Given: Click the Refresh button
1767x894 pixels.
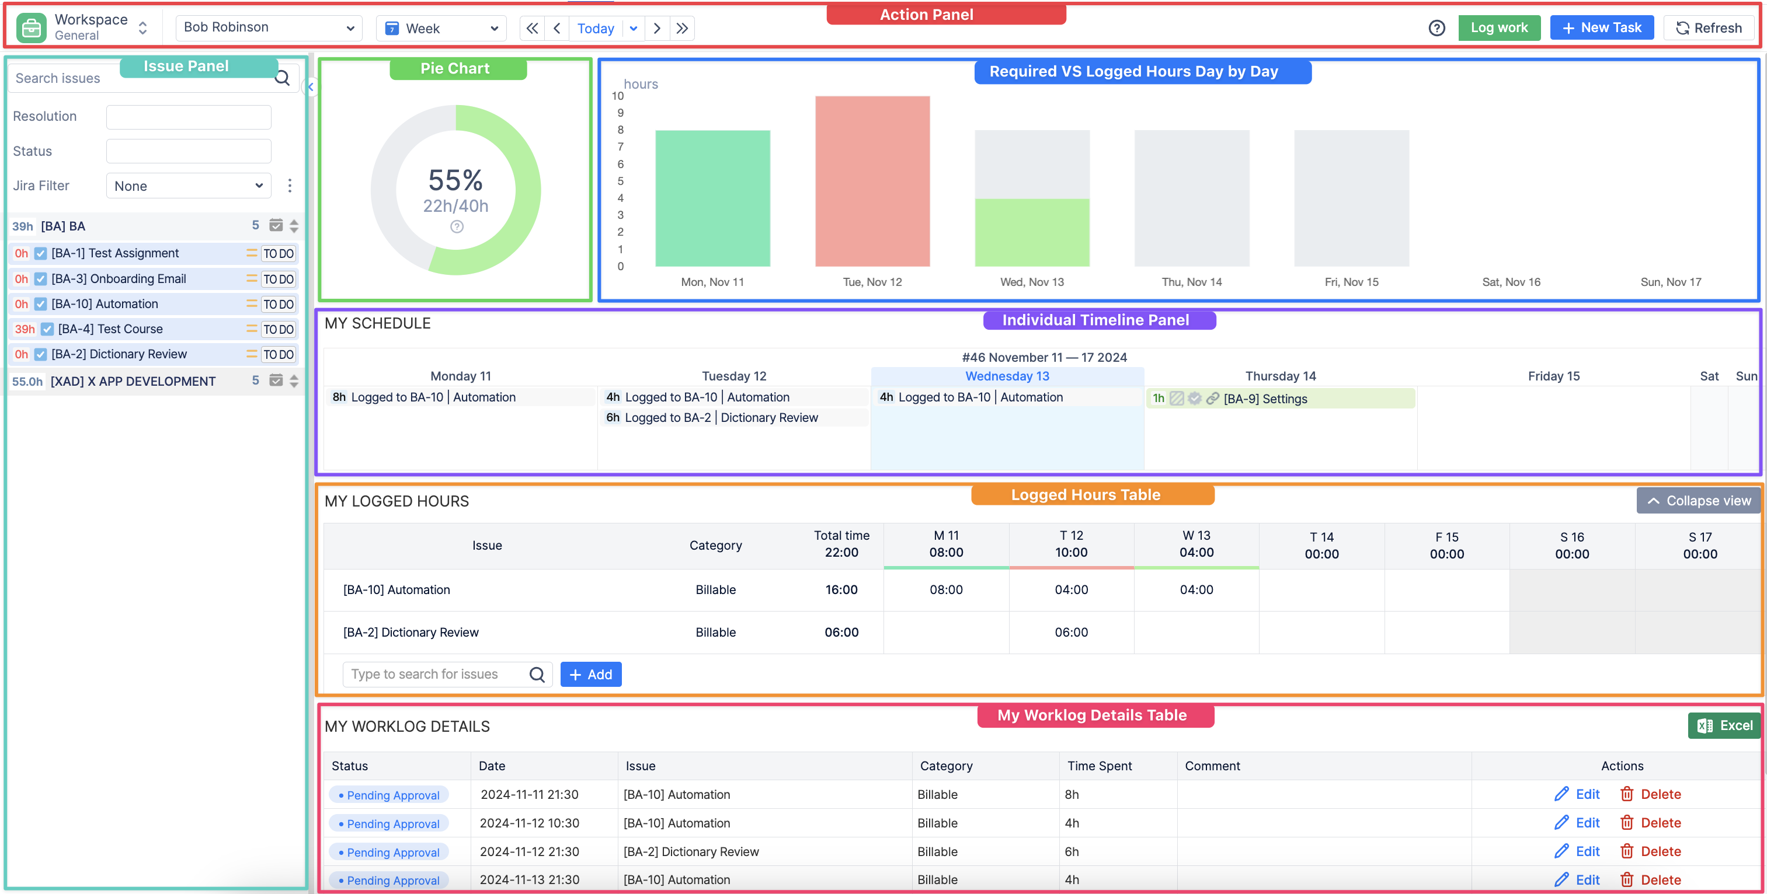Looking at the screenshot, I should coord(1708,28).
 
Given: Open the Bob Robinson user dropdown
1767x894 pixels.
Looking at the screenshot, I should coord(268,27).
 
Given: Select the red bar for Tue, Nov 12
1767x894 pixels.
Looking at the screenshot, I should coord(872,181).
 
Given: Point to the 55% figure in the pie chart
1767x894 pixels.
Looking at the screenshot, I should coord(455,180).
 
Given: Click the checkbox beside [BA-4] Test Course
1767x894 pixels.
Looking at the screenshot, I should coord(47,329).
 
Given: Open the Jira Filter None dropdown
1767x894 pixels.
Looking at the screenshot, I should coord(189,186).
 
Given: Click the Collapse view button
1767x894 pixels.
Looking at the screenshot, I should coord(1699,501).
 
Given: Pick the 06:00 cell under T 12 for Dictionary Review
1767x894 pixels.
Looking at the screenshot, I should coord(1071,632).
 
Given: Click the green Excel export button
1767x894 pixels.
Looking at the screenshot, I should coord(1724,725).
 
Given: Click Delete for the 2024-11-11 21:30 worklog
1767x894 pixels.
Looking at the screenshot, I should coord(1650,794).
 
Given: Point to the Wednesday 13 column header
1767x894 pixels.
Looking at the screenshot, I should coord(1007,376).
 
